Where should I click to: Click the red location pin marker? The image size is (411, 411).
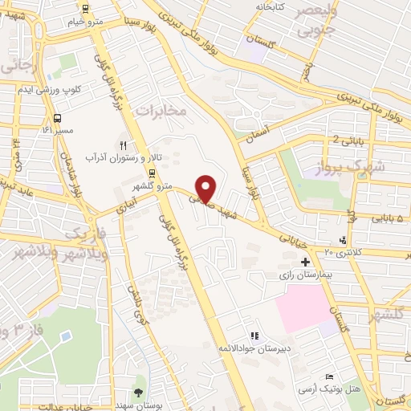click(x=206, y=188)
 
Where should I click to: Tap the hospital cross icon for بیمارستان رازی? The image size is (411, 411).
click(x=305, y=262)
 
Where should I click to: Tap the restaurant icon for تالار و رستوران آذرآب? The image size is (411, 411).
click(x=123, y=146)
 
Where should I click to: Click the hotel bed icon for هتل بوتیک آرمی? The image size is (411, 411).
click(x=329, y=377)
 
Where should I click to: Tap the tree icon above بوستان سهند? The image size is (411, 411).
click(x=138, y=393)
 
